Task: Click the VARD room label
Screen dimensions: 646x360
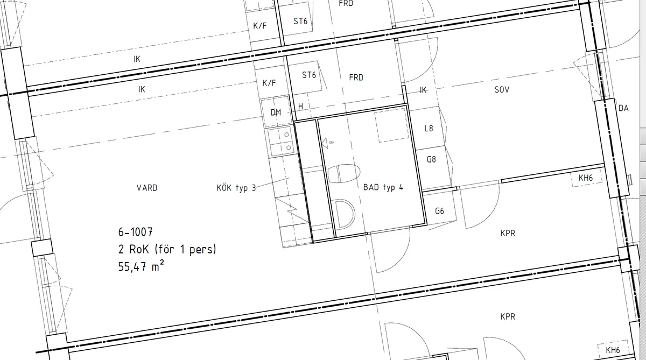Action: click(x=147, y=188)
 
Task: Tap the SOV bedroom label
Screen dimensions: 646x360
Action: click(x=502, y=90)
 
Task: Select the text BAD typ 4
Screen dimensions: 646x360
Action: click(x=383, y=187)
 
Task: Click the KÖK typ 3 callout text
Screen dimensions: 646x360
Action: click(x=236, y=188)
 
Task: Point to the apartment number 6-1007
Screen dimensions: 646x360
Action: click(x=135, y=232)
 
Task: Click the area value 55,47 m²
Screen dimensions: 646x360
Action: click(x=141, y=266)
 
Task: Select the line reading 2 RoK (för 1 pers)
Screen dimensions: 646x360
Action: click(x=167, y=249)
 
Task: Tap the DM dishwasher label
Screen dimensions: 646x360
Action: click(x=276, y=112)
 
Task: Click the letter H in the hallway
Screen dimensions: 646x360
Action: click(x=300, y=107)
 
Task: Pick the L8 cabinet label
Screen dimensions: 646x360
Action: click(x=429, y=128)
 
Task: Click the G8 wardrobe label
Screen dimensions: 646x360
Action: click(x=431, y=159)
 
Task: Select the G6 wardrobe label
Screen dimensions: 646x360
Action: click(x=439, y=211)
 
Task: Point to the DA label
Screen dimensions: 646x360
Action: click(x=623, y=108)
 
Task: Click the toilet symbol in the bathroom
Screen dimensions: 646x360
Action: click(x=344, y=173)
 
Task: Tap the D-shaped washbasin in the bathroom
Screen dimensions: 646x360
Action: click(x=345, y=214)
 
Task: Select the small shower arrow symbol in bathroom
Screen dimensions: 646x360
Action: click(x=328, y=143)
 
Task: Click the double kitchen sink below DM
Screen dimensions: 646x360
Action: click(x=280, y=142)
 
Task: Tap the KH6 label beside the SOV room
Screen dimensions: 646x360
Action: click(x=586, y=178)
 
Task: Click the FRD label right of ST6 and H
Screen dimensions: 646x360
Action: click(x=356, y=77)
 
